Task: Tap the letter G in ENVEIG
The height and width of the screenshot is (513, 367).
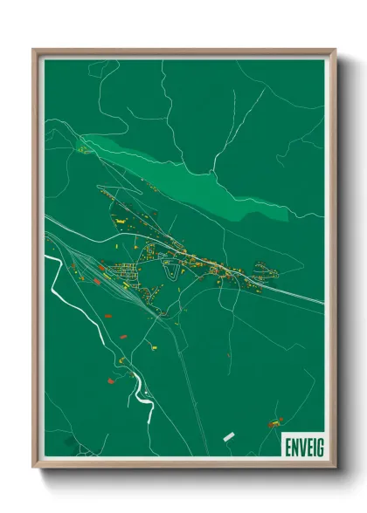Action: [318, 445]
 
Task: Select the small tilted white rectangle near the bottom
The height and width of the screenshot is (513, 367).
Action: [229, 434]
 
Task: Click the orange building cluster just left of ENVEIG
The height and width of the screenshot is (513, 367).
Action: [273, 424]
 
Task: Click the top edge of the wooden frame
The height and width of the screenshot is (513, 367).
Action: [183, 51]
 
